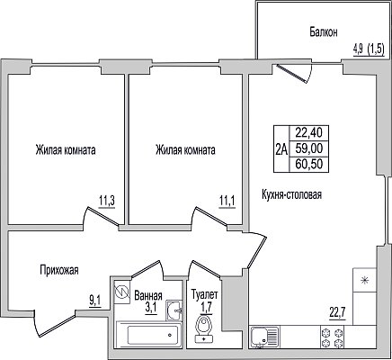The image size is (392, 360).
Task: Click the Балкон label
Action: [x=324, y=31]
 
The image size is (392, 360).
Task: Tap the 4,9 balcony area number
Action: [x=359, y=49]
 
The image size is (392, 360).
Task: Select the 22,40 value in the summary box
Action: [x=309, y=132]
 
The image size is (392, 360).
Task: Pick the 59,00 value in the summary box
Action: [x=309, y=148]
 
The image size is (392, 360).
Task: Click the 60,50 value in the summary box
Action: [x=309, y=164]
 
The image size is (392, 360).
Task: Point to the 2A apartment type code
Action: [x=281, y=148]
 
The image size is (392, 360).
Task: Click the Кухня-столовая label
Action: [x=291, y=194]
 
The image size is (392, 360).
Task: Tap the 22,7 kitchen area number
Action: [x=337, y=313]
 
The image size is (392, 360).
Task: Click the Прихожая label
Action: [x=59, y=270]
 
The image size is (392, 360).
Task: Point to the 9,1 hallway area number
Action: [x=95, y=300]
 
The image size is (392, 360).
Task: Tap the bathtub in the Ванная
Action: [x=149, y=335]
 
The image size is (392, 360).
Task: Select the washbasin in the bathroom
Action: [x=174, y=310]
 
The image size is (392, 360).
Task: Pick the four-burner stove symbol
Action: [x=333, y=337]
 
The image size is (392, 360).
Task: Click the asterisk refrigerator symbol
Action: [x=364, y=280]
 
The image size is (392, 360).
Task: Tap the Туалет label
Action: [x=204, y=294]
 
